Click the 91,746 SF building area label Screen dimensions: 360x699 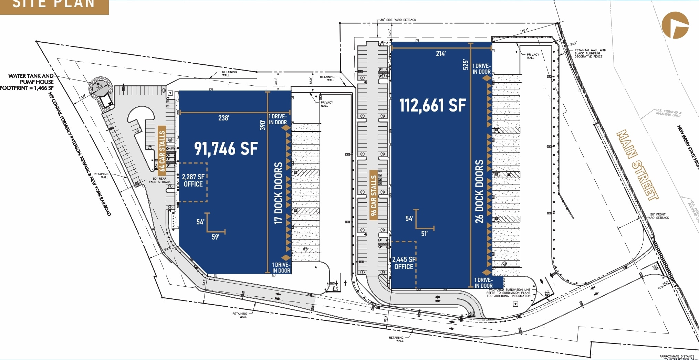click(226, 149)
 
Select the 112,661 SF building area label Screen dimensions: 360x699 click(432, 105)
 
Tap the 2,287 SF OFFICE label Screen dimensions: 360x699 click(193, 180)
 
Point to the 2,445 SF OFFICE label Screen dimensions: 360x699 click(404, 263)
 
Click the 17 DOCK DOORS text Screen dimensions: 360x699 click(279, 193)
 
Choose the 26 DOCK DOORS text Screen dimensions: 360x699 click(479, 191)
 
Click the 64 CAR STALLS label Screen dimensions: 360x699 click(162, 151)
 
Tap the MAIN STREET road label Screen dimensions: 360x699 click(637, 165)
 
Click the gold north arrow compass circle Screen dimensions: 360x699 click(675, 25)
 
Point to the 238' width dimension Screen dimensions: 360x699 click(224, 118)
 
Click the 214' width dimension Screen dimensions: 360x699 click(441, 54)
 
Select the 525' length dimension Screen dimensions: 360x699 click(466, 65)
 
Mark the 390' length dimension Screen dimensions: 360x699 click(263, 125)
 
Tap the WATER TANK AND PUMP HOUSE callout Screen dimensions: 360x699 click(28, 82)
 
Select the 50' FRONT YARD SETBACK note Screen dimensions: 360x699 click(658, 216)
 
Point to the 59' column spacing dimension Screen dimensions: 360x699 click(216, 237)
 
